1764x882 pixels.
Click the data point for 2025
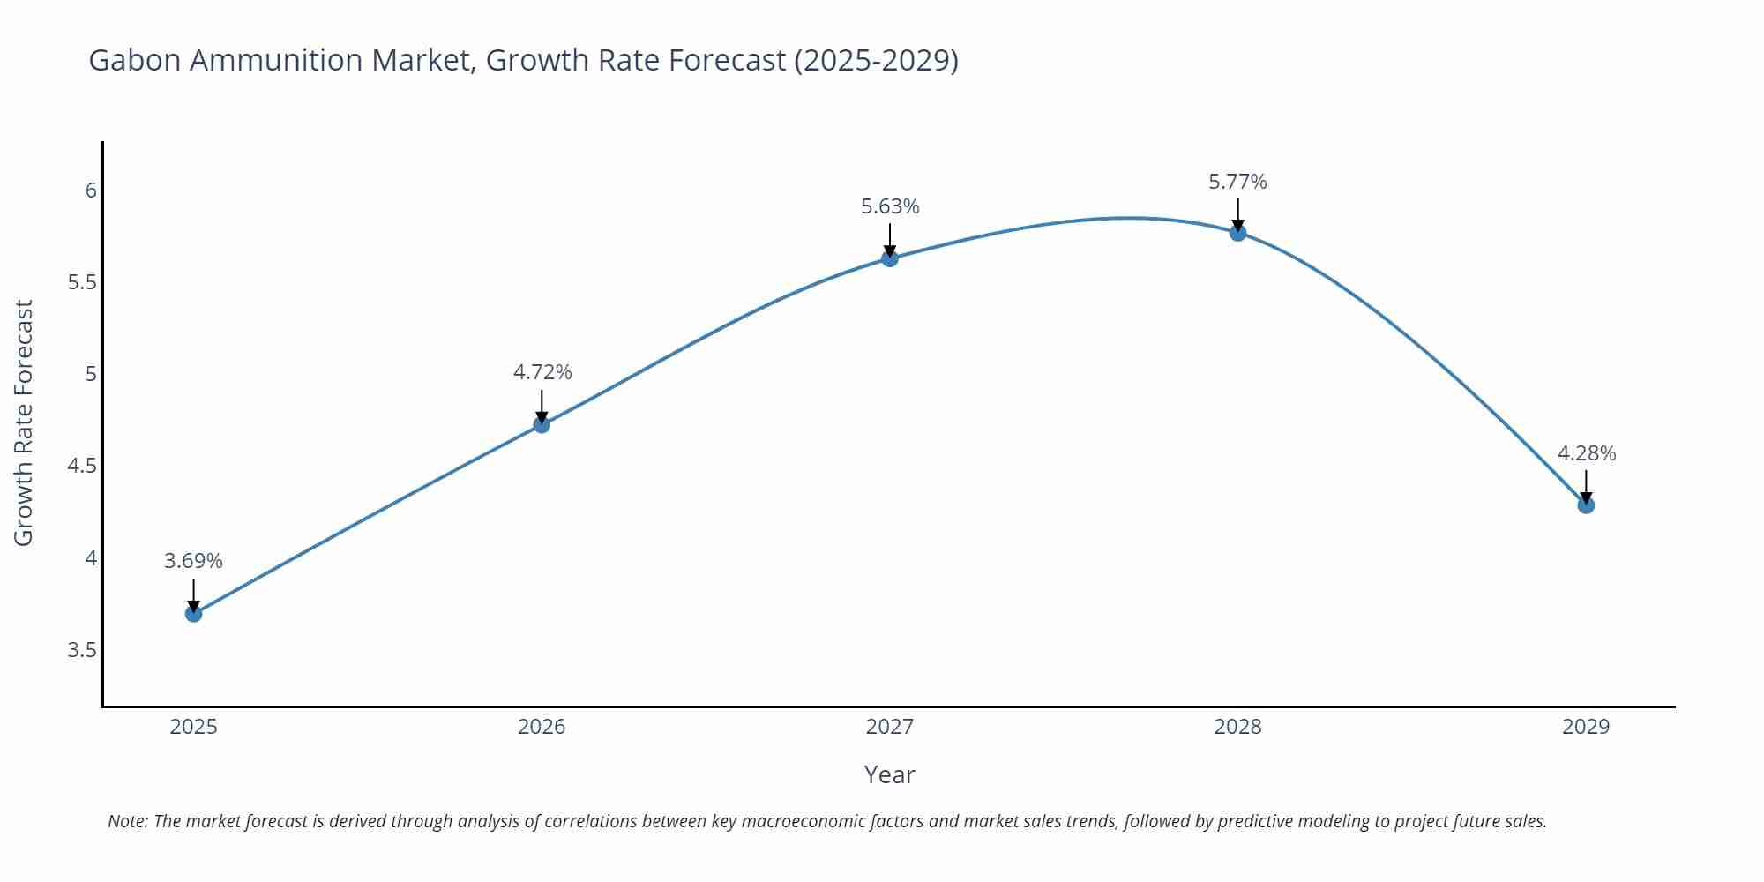(193, 613)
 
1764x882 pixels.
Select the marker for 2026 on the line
(542, 424)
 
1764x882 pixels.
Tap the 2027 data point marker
(889, 258)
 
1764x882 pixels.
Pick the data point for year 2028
(1237, 232)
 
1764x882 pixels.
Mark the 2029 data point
(1586, 505)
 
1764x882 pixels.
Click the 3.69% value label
(193, 561)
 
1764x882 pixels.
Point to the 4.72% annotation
(542, 372)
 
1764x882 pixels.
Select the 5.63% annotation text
(889, 206)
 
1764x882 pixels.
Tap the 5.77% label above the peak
(1237, 182)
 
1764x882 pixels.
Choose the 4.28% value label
(1586, 453)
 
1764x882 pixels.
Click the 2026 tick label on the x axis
(542, 727)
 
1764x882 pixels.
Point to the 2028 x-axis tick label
(1237, 727)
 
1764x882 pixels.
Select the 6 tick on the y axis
(91, 191)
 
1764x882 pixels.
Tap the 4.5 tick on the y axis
(82, 466)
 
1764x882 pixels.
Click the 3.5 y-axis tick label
(82, 650)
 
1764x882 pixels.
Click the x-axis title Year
(889, 774)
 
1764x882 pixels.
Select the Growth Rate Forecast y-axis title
(24, 422)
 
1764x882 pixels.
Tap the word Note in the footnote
(127, 821)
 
